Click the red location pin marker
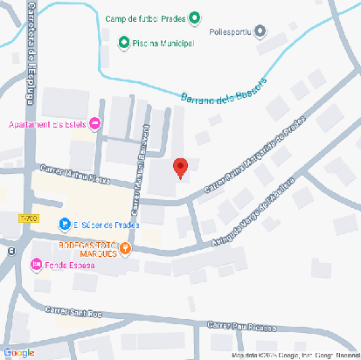pyautogui.click(x=180, y=168)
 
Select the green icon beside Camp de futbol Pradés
pyautogui.click(x=194, y=17)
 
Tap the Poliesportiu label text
pyautogui.click(x=231, y=32)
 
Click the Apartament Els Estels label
pyautogui.click(x=47, y=123)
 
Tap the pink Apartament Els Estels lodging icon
pyautogui.click(x=96, y=123)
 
